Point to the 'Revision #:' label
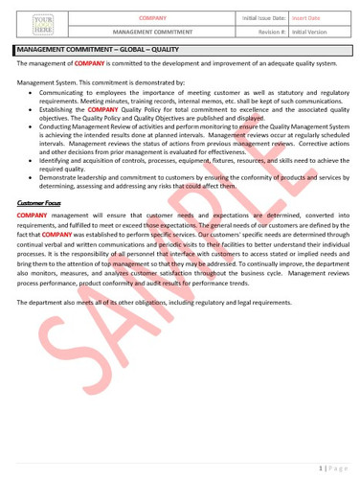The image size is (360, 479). coord(272,31)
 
